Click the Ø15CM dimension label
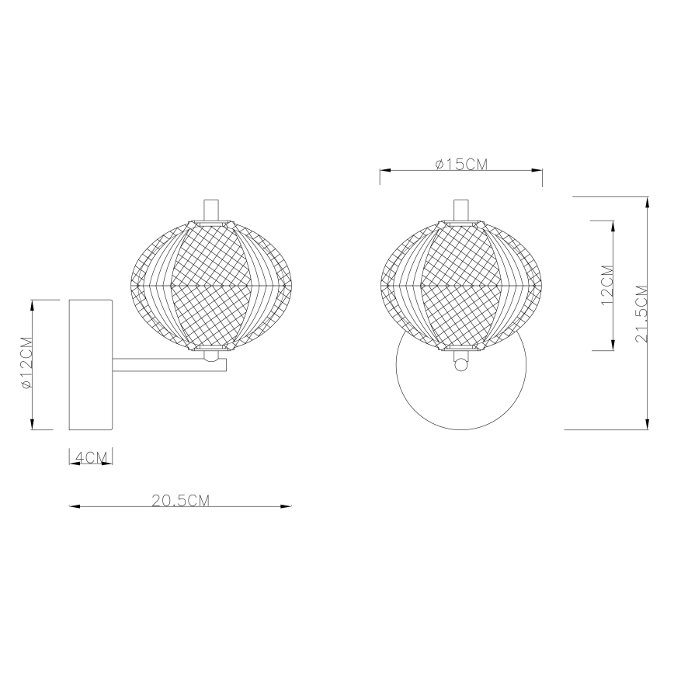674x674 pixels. coord(461,163)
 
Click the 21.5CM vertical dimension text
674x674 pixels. coord(641,313)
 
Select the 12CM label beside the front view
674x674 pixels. coord(606,286)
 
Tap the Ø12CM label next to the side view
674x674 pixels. coord(26,363)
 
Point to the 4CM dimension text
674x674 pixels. coord(92,457)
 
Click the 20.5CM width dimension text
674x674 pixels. coord(180,500)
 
